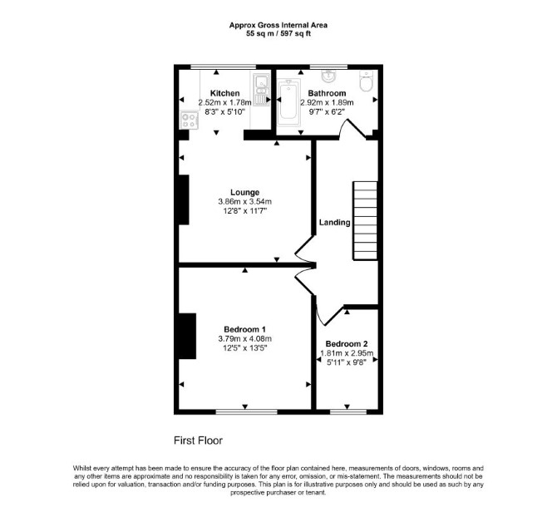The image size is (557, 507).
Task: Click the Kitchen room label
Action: tap(224, 93)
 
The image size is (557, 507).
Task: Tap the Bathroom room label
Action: tap(327, 93)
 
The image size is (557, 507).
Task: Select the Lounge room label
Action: tap(244, 193)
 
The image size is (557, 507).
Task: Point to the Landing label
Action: tap(335, 223)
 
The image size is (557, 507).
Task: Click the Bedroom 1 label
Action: tap(244, 329)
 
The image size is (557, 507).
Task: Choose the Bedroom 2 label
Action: tap(347, 344)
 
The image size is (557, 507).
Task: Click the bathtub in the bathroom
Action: tap(289, 102)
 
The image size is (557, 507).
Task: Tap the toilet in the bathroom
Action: tap(366, 81)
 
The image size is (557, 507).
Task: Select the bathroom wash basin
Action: tap(328, 76)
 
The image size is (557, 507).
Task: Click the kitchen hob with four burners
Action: tap(190, 121)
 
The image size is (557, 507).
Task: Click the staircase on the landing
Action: tap(365, 220)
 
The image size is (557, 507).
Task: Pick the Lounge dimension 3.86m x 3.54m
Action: tap(244, 202)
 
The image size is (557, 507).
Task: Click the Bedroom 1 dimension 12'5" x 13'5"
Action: tap(244, 348)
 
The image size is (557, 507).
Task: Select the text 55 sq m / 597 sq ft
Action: tap(278, 34)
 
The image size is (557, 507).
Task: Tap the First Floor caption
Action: tap(198, 441)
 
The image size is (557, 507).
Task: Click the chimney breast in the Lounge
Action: tap(184, 199)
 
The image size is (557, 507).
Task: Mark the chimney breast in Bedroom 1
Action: tap(187, 336)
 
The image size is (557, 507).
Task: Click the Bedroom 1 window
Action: tap(247, 412)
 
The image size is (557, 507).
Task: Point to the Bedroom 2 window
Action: tap(348, 412)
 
